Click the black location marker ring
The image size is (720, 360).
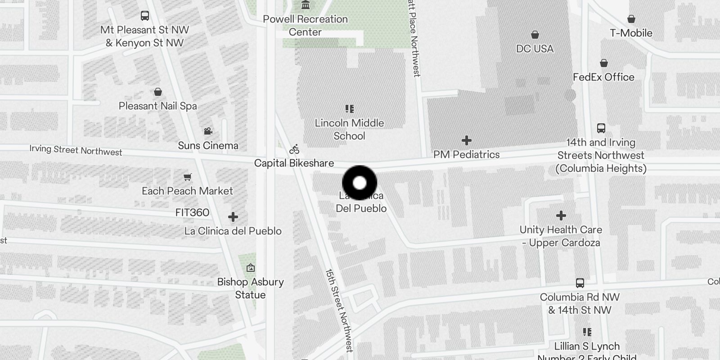pos(360,183)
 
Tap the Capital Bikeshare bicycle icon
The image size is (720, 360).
pos(294,149)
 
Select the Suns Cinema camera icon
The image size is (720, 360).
pos(208,131)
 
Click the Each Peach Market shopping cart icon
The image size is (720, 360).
pos(188,177)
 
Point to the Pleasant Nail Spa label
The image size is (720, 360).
pos(157,106)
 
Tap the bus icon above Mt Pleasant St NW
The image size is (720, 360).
pos(145,16)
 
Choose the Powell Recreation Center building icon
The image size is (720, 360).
pos(306,5)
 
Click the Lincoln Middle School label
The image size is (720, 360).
pos(349,129)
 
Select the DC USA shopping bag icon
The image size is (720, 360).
pos(535,35)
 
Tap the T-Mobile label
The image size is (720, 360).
pos(631,33)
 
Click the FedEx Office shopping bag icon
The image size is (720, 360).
pos(604,63)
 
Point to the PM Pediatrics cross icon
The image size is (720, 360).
pos(467,140)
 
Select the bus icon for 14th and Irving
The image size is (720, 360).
pos(601,128)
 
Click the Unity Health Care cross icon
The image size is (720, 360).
pos(561,216)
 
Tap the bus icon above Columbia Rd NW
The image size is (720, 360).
pos(580,283)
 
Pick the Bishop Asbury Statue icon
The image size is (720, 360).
pos(251,268)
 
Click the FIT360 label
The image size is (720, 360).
pos(192,212)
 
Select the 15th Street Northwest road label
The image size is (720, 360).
pos(339,310)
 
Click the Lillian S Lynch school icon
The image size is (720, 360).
pos(587,332)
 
